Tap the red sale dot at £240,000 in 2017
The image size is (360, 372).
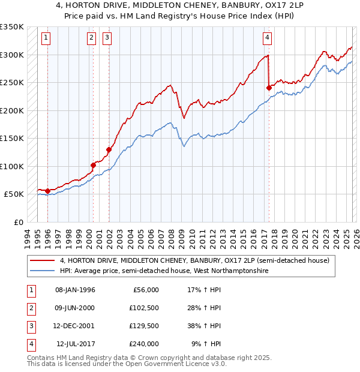click(x=269, y=88)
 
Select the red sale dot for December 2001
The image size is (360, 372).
click(x=109, y=150)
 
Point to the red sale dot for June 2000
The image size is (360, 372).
click(x=94, y=165)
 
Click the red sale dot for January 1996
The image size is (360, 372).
click(x=47, y=191)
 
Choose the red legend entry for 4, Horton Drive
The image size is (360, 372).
click(x=195, y=261)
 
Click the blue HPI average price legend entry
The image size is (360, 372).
click(x=164, y=271)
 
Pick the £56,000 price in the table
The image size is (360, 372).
click(x=144, y=290)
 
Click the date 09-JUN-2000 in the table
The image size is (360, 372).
click(x=75, y=308)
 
